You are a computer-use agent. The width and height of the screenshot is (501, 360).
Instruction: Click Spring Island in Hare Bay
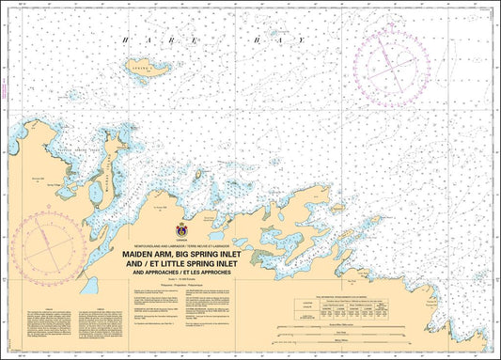[x=151, y=69]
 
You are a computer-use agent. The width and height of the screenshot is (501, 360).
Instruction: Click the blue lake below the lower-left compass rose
[x=89, y=310]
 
